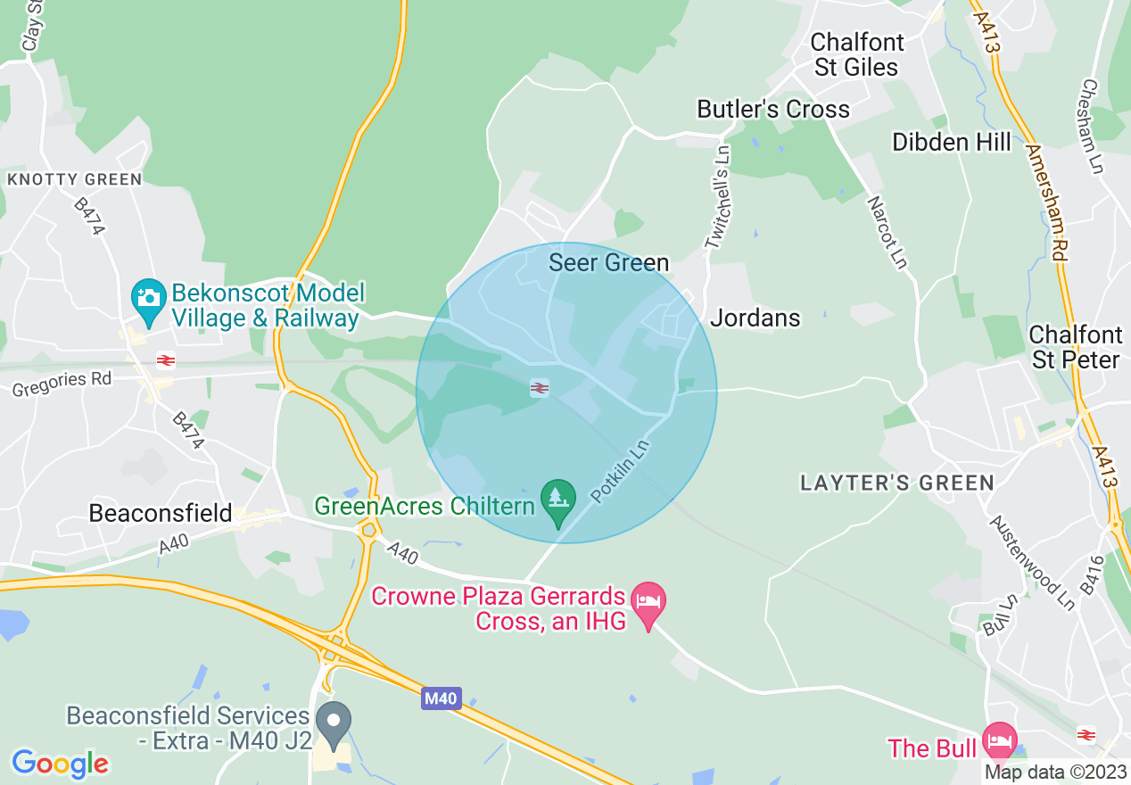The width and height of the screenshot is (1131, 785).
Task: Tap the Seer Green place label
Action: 608,262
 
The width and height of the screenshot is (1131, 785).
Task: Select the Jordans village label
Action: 755,318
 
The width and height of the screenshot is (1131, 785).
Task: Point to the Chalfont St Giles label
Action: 856,54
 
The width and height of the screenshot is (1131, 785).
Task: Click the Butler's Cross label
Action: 773,110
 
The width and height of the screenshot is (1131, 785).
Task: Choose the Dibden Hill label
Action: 952,142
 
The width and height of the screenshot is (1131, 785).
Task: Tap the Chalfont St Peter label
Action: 1076,347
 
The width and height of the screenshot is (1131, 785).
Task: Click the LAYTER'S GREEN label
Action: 896,483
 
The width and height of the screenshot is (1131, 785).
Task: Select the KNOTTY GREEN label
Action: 74,180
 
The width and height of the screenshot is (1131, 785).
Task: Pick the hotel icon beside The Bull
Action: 999,740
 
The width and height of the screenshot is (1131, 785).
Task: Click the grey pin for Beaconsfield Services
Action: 334,723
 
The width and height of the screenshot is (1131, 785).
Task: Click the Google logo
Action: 60,764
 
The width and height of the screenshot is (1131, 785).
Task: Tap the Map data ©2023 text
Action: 1054,772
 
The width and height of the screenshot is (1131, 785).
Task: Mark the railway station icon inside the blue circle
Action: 539,388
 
